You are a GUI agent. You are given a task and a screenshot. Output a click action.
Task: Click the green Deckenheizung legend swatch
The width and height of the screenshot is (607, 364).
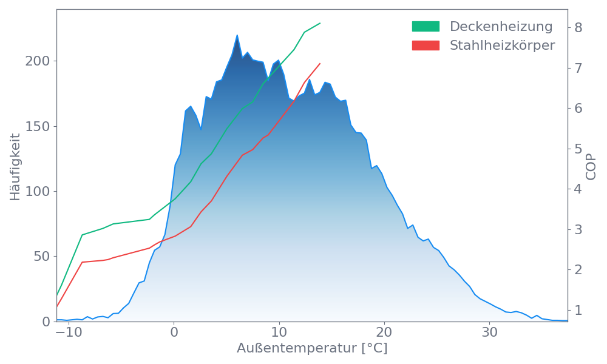(x=426, y=27)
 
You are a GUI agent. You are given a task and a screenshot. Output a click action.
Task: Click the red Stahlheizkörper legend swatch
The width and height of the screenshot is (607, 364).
(x=426, y=45)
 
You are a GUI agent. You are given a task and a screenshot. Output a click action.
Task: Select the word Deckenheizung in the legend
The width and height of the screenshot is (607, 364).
(x=501, y=27)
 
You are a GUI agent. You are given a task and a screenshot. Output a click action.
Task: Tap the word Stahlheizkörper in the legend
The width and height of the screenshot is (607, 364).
(x=502, y=45)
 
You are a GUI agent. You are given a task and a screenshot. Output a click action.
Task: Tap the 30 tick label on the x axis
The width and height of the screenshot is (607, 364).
(x=490, y=333)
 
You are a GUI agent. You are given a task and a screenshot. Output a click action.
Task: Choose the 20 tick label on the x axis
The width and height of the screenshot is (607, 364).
(x=384, y=333)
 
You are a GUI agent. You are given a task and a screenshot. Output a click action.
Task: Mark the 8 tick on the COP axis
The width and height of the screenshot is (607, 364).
(x=578, y=27)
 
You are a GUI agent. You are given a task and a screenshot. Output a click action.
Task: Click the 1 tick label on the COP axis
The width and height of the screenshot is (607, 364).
(x=578, y=310)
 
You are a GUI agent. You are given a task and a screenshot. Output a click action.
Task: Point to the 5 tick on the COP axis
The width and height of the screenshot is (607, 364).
(x=578, y=149)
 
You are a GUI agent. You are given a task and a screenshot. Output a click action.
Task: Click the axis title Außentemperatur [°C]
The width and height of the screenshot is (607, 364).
(x=311, y=349)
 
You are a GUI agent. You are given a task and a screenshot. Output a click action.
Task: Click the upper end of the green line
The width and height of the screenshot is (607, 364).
(x=320, y=23)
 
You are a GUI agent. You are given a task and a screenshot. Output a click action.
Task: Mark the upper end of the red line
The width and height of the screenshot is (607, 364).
(x=320, y=63)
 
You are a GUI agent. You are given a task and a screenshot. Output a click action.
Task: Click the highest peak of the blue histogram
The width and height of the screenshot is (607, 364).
(x=237, y=35)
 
